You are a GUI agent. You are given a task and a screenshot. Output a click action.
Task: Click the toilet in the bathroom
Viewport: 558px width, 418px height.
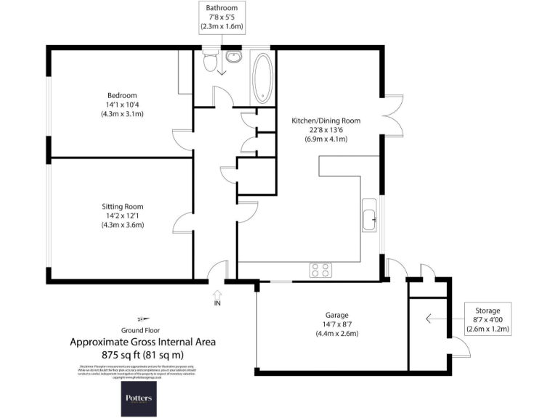tap(211, 64)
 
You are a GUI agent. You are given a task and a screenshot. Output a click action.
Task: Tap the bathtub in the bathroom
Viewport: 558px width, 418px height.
tap(262, 79)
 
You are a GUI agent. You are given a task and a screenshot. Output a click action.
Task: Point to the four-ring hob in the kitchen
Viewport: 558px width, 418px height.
tap(320, 270)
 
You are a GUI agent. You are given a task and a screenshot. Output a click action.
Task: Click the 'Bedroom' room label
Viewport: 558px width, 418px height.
tap(122, 95)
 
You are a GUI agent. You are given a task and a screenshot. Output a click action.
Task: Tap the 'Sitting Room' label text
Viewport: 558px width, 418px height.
tap(123, 205)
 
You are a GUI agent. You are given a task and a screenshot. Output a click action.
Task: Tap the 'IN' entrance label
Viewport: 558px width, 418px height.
tap(217, 303)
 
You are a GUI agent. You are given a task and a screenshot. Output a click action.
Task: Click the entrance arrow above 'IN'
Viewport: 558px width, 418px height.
tap(217, 292)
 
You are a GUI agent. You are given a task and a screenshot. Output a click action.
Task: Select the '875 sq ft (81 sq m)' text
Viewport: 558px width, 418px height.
tap(142, 354)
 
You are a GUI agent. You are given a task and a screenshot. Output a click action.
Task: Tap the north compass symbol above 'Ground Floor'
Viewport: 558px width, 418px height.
tap(143, 318)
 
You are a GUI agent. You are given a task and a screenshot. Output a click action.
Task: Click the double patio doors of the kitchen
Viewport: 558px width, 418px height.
tap(392, 114)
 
